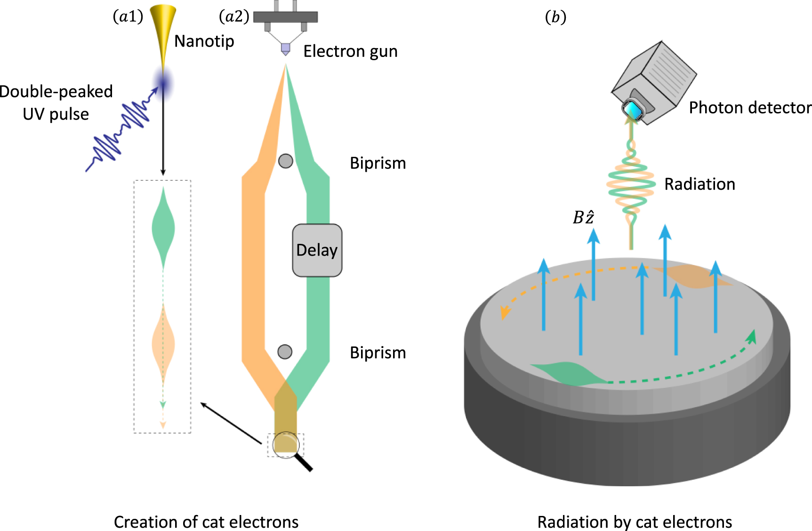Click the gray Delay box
317,250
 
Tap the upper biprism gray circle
286,161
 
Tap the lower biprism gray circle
285,352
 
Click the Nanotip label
204,41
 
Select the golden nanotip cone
163,28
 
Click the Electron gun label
350,51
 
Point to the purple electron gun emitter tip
285,49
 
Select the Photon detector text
750,108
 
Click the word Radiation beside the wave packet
699,184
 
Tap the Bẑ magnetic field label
583,217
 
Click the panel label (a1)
128,17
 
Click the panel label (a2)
234,17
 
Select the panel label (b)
555,17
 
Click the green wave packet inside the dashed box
163,228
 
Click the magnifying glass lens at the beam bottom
286,444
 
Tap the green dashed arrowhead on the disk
752,337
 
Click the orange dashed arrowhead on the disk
505,312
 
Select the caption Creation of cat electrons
206,522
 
